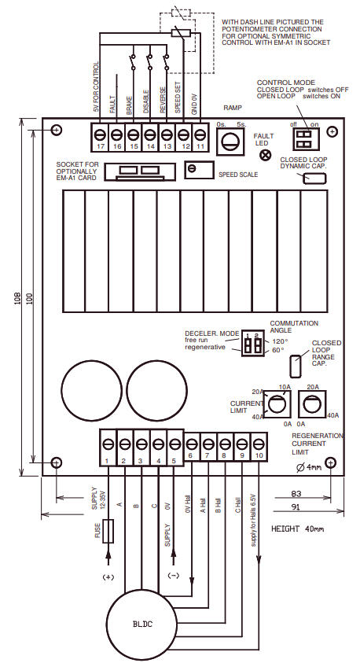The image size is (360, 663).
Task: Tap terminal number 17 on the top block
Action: click(100, 135)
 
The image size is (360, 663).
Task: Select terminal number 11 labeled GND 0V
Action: click(200, 135)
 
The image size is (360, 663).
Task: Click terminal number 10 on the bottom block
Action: click(259, 443)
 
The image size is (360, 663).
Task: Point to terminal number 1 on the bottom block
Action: click(107, 443)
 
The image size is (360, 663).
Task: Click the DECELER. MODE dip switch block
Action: click(252, 344)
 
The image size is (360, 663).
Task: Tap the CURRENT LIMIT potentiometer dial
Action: click(275, 405)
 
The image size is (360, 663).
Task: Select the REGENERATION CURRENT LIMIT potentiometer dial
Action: click(311, 405)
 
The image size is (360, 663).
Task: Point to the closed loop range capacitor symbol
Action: click(295, 366)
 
